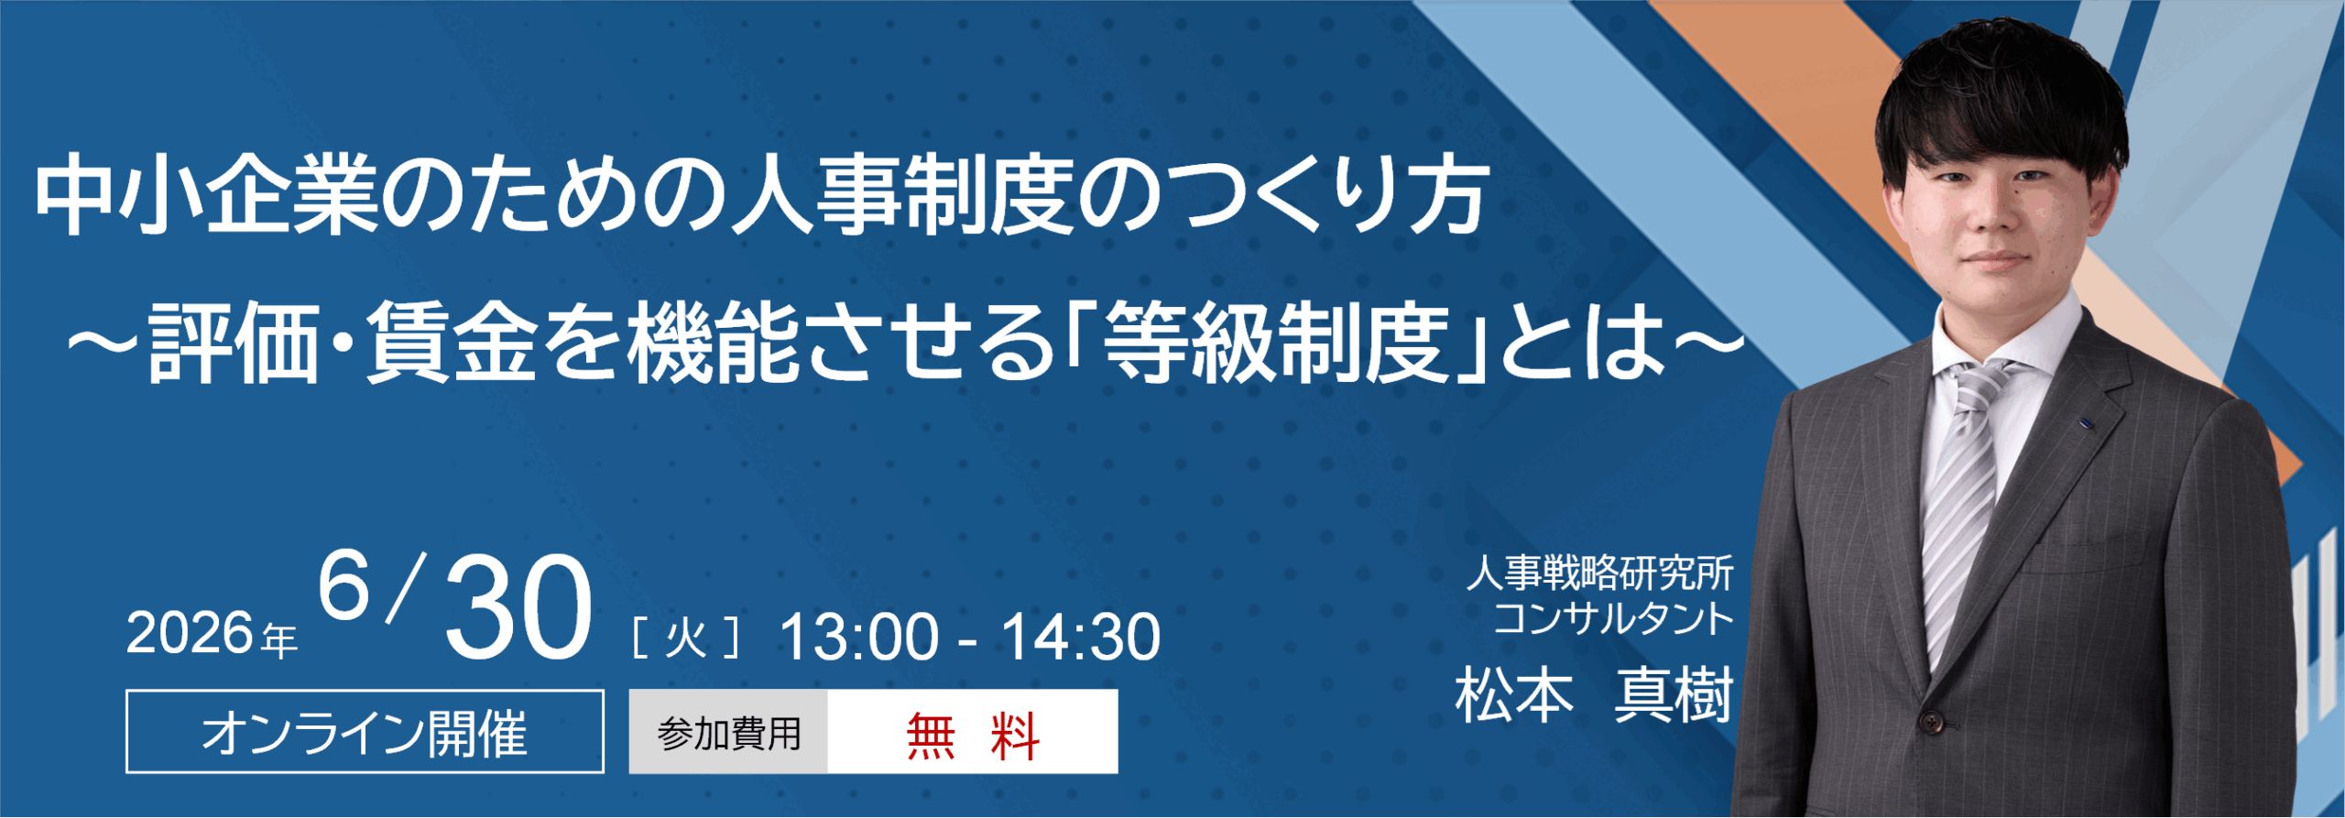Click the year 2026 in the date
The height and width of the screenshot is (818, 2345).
(x=189, y=633)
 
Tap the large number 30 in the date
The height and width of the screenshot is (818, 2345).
(x=518, y=609)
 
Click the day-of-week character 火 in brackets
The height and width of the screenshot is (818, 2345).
(x=685, y=637)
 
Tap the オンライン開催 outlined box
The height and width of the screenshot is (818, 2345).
(x=365, y=732)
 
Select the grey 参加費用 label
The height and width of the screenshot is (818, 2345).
(x=729, y=733)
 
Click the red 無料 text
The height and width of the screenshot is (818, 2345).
(x=972, y=735)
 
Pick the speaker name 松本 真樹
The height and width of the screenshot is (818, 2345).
(x=1594, y=696)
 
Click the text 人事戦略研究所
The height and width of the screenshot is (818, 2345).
(x=1599, y=574)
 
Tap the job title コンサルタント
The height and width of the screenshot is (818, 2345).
(x=1612, y=618)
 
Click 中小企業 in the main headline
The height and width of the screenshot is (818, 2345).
(x=206, y=195)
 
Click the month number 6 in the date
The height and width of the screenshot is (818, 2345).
(x=344, y=587)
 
